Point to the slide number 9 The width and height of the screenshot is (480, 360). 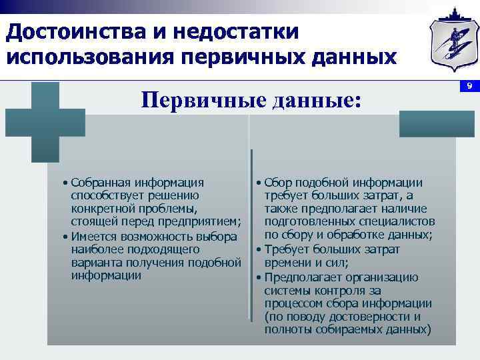(x=469, y=86)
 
